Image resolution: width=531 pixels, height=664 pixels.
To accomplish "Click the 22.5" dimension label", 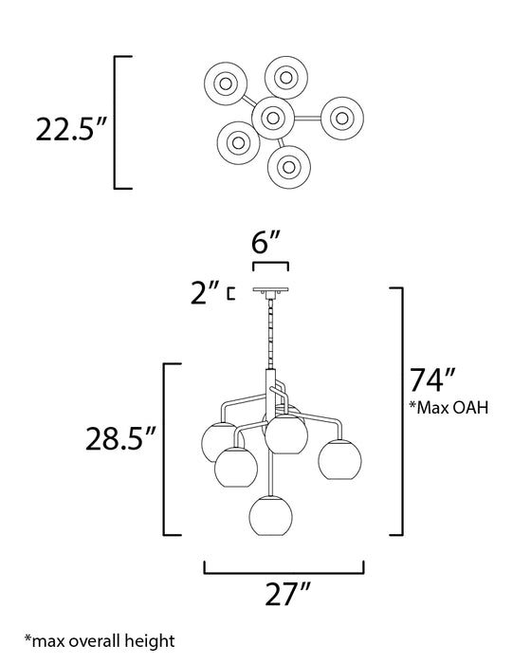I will tap(66, 129).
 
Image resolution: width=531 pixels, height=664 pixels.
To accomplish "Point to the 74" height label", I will tap(428, 379).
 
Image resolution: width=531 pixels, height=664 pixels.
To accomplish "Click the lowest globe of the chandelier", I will tap(271, 517).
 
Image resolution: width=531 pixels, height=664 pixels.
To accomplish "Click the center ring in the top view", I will tap(272, 119).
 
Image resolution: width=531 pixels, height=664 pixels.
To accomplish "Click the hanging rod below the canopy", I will tap(271, 337).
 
